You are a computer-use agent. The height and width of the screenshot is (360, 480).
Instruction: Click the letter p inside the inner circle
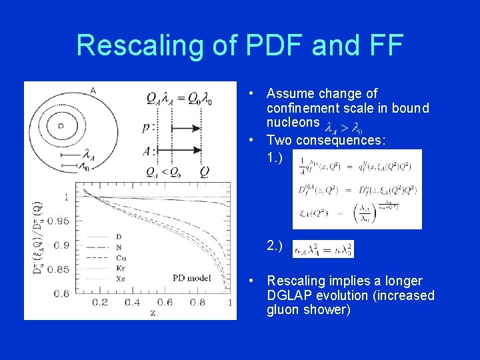[61, 125]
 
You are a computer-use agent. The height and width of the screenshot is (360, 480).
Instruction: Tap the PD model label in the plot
[191, 278]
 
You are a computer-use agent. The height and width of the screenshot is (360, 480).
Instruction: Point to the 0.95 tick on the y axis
[59, 220]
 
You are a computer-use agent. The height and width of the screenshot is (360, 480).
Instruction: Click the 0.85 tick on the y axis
[59, 269]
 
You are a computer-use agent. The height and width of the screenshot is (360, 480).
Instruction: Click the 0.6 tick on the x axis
[165, 303]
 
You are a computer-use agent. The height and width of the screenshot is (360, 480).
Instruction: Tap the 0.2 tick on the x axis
[100, 303]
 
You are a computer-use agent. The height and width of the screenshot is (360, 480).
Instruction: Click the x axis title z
[153, 312]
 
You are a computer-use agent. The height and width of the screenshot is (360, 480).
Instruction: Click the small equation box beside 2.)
[323, 249]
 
